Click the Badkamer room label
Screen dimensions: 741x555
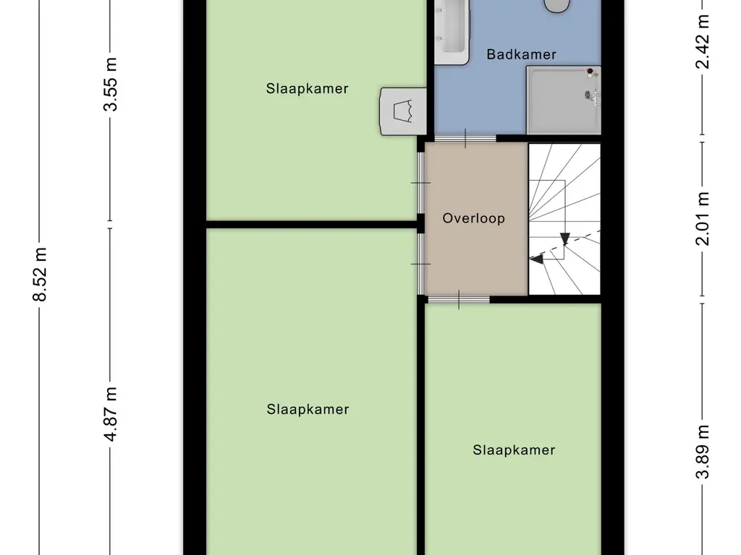521,54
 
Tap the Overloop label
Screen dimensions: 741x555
473,218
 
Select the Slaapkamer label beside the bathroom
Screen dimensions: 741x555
307,88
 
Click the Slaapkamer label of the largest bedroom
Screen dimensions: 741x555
308,409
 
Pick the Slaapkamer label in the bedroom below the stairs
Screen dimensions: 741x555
514,449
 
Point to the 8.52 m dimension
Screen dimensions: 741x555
41,274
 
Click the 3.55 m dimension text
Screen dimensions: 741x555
111,85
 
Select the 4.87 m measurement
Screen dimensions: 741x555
111,414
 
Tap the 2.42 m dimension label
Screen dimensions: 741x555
703,41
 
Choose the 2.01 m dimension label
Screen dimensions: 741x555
703,218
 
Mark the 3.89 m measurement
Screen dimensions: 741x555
703,452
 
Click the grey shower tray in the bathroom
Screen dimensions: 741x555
563,100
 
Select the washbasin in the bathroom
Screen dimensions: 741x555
452,31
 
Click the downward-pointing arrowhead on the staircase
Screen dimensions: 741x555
564,239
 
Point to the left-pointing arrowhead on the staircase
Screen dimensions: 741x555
536,259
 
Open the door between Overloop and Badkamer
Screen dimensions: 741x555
465,139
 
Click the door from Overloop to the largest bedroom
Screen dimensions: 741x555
420,264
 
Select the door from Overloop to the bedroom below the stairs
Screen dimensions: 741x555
458,299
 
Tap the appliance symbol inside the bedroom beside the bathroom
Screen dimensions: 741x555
403,111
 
